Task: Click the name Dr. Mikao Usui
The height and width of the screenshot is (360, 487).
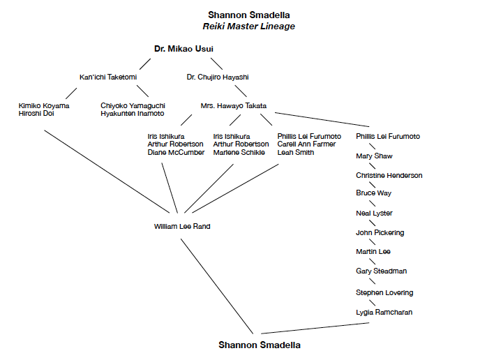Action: [183, 48]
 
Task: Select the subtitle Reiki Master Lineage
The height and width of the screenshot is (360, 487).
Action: [249, 27]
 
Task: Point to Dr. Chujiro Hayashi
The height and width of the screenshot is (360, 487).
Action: [218, 77]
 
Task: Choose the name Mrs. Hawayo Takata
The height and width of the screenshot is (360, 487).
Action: [234, 106]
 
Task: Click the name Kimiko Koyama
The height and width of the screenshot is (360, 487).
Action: [44, 105]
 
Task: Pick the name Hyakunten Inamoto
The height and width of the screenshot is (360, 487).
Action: [133, 114]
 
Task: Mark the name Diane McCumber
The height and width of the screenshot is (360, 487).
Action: [176, 153]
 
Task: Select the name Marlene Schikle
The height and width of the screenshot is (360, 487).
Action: [239, 153]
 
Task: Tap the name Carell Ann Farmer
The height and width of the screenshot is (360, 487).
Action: [306, 144]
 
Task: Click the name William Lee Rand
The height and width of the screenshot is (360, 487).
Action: [182, 227]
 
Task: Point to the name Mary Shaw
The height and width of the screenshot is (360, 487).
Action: [374, 156]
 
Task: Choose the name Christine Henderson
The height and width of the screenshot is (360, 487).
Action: [389, 175]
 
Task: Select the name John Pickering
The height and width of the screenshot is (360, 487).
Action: [380, 232]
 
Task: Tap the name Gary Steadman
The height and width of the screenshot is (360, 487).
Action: [381, 271]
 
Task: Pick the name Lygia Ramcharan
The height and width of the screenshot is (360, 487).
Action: [384, 312]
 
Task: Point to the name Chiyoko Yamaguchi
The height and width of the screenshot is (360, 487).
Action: [133, 105]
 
